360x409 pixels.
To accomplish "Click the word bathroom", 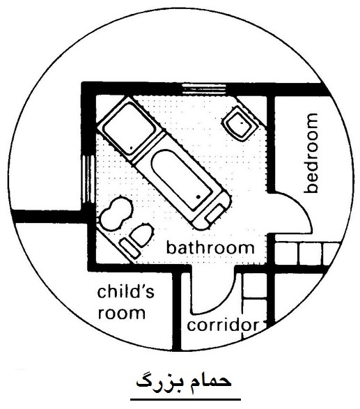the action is point(210,248).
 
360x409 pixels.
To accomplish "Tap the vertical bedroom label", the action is point(311,153).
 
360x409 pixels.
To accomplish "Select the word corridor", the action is point(224,325).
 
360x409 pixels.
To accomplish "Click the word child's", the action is point(125,291).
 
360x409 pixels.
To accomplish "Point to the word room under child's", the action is point(121,313).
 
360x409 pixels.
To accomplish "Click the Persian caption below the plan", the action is point(184,382).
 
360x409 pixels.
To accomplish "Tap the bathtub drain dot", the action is point(198,196).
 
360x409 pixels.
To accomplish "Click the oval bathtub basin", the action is point(182,180).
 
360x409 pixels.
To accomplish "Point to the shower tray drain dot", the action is point(131,148).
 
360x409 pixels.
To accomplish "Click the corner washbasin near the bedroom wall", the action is point(240,123).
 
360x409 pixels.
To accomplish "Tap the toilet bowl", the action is point(141,234).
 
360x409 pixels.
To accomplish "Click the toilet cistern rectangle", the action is point(130,248).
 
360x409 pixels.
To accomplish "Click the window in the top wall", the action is point(203,88).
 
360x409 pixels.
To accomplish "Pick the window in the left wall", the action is point(88,180).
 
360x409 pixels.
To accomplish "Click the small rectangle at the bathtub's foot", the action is point(215,213).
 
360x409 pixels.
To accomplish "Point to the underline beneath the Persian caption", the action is point(186,399).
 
